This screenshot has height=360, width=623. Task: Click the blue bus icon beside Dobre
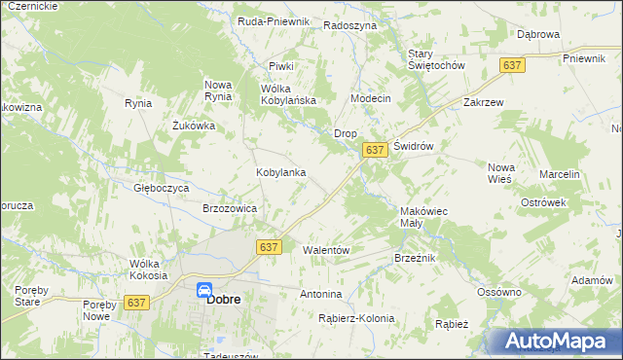point(204,290)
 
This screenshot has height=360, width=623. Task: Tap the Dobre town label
point(224,300)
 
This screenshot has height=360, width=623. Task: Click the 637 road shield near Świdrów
point(376,150)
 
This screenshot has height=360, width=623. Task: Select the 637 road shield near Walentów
point(270,247)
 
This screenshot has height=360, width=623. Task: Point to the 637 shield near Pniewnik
point(513,64)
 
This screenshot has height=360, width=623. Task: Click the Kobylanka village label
point(281,172)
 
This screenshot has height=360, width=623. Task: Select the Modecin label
point(370,99)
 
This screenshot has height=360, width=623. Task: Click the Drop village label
point(346,132)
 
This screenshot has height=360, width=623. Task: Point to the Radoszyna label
point(349,26)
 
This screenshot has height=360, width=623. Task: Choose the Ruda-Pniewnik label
point(274,20)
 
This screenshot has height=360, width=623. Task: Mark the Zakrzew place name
point(484,101)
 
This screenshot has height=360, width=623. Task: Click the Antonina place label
point(321,294)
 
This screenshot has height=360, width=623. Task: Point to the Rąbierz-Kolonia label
point(356,318)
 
